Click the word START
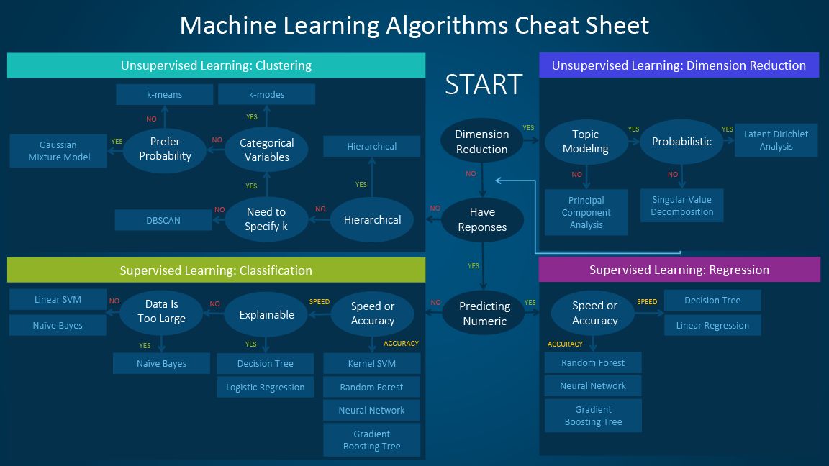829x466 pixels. [483, 84]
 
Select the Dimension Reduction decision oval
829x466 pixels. [481, 142]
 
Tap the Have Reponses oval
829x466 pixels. [482, 219]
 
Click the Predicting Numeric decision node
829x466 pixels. [484, 314]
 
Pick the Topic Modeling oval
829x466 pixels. [585, 142]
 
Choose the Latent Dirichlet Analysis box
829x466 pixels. [776, 140]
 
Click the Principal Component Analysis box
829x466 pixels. [586, 212]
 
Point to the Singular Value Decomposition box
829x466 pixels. [681, 206]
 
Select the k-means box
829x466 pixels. [164, 94]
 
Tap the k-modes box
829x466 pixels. [266, 94]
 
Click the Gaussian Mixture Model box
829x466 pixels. [58, 151]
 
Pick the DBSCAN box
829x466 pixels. [163, 220]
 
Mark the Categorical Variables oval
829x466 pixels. [266, 150]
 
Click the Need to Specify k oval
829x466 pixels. [266, 219]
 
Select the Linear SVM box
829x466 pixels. [58, 300]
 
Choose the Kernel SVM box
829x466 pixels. [371, 363]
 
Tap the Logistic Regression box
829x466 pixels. [265, 387]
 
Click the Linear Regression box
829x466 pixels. [712, 325]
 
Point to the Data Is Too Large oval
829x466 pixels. [161, 311]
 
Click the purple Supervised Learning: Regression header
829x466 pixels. [679, 270]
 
